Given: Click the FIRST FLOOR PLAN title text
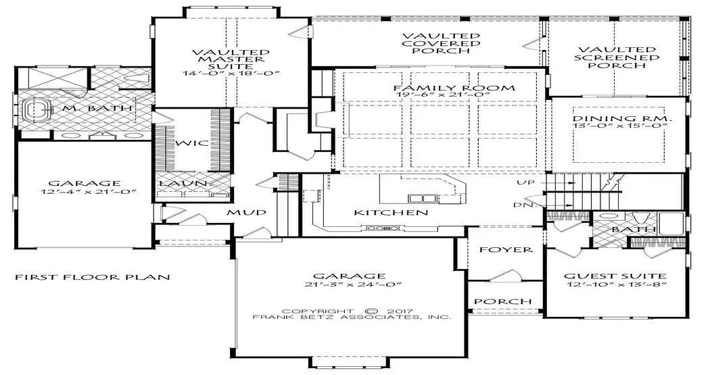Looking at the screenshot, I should (92, 277).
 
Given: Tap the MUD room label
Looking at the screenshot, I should (242, 213).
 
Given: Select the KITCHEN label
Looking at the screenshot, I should (391, 213).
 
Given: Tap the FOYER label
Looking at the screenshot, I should (506, 250).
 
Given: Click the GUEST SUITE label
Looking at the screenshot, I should (615, 276).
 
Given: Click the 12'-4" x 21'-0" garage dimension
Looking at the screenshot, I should (84, 193).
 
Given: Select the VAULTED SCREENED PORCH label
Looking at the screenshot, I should (617, 57).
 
